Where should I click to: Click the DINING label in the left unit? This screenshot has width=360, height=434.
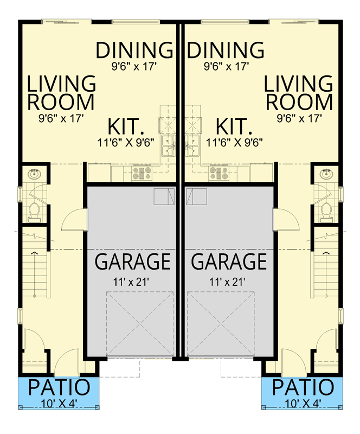pyautogui.click(x=134, y=50)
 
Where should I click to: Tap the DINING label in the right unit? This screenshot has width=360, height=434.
pyautogui.click(x=225, y=50)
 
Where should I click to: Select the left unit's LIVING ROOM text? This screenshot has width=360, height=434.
pyautogui.click(x=61, y=93)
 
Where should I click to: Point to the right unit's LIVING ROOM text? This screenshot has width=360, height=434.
pyautogui.click(x=299, y=93)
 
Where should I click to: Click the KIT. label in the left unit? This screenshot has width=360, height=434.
pyautogui.click(x=126, y=127)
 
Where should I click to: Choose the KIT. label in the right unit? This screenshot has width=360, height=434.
pyautogui.click(x=234, y=127)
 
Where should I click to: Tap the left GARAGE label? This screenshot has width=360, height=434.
pyautogui.click(x=133, y=261)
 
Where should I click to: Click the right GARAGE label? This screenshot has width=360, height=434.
pyautogui.click(x=229, y=261)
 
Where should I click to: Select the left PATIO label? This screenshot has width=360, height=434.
pyautogui.click(x=59, y=388)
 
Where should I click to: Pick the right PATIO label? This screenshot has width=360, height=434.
pyautogui.click(x=303, y=388)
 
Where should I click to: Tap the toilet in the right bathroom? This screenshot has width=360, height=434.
pyautogui.click(x=326, y=210)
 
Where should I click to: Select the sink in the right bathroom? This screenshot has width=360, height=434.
pyautogui.click(x=326, y=175)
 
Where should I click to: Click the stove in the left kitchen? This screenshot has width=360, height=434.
pyautogui.click(x=141, y=174)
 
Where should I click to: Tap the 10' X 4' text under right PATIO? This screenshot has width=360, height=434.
pyautogui.click(x=303, y=403)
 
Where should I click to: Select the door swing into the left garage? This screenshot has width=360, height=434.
pyautogui.click(x=73, y=220)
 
